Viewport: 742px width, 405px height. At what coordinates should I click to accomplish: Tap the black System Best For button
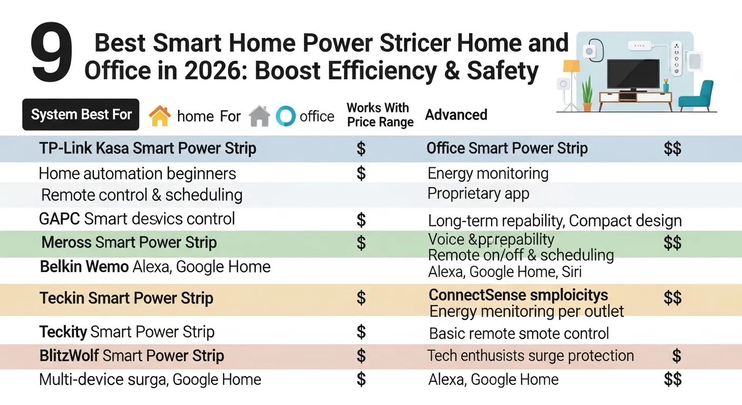point(81,114)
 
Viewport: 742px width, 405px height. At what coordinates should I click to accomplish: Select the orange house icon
point(160,115)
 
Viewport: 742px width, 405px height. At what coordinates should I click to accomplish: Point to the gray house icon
point(259,116)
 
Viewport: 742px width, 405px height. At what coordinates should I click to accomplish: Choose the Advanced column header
point(456,115)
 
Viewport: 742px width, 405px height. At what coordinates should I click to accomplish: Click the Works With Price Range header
point(379,115)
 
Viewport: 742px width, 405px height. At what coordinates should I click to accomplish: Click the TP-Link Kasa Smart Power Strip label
point(148,148)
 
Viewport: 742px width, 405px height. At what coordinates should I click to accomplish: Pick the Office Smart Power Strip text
point(506,148)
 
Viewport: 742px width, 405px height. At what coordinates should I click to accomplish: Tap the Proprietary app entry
point(478,194)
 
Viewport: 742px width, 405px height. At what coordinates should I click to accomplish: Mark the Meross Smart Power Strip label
point(129,243)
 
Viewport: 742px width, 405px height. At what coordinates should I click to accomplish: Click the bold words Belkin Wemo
point(84,266)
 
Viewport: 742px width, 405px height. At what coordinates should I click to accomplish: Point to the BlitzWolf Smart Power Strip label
point(132,355)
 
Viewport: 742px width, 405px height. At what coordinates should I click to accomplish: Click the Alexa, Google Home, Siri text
point(504,272)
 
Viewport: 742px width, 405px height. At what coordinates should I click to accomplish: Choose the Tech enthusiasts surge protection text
point(530,355)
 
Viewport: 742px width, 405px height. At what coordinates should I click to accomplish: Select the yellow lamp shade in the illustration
point(571,66)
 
